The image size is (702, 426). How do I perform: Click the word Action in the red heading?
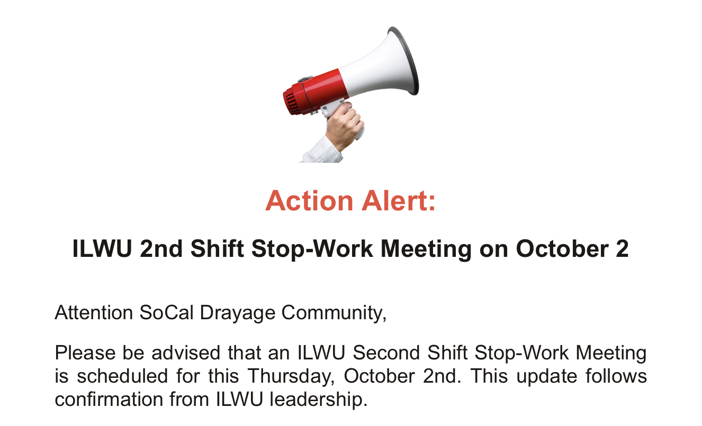pos(309,201)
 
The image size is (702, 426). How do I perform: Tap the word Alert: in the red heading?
pos(399,201)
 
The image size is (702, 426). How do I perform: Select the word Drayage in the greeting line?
pos(238,313)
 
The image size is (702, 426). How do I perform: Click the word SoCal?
pos(166,312)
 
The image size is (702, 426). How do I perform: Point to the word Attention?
pos(94,312)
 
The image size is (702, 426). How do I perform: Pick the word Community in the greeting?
pos(334,313)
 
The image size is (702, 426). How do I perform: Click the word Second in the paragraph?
pos(386,353)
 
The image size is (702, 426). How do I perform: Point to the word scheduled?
pos(122,376)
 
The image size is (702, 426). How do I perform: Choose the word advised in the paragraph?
pos(186,353)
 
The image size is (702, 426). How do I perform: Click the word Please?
pos(85,353)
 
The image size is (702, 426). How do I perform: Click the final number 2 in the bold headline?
pos(622,249)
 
